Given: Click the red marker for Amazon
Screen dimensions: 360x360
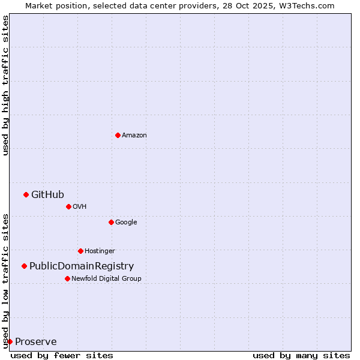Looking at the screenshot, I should click(118, 135).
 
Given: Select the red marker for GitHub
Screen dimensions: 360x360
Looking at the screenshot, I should click(26, 194).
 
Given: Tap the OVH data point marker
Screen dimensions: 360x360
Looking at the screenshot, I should click(68, 206).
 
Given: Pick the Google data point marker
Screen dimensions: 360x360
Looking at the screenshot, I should click(111, 222).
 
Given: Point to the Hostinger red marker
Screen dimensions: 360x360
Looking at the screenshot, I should click(80, 251).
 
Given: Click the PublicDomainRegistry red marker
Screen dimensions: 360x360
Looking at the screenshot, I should click(24, 266).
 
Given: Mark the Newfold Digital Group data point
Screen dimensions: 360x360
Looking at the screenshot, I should click(67, 278).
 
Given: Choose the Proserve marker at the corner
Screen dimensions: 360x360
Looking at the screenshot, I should click(10, 341).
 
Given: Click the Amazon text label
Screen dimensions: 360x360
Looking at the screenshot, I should click(134, 136).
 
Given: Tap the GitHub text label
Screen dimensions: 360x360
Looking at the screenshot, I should click(47, 194).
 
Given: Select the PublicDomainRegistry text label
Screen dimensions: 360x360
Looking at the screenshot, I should click(82, 266).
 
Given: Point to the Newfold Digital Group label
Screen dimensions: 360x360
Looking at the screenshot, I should click(106, 278).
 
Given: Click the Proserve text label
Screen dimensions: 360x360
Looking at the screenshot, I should click(36, 342).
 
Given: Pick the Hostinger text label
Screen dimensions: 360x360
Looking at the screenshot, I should click(100, 251).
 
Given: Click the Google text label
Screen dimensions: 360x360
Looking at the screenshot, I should click(126, 222).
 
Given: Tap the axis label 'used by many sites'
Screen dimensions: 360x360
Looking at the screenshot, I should click(301, 355).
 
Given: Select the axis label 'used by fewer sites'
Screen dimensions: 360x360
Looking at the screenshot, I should click(62, 355).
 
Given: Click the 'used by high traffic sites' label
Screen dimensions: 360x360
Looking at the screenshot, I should click(5, 85).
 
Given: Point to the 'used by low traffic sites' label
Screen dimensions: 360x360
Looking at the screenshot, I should click(5, 280).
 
